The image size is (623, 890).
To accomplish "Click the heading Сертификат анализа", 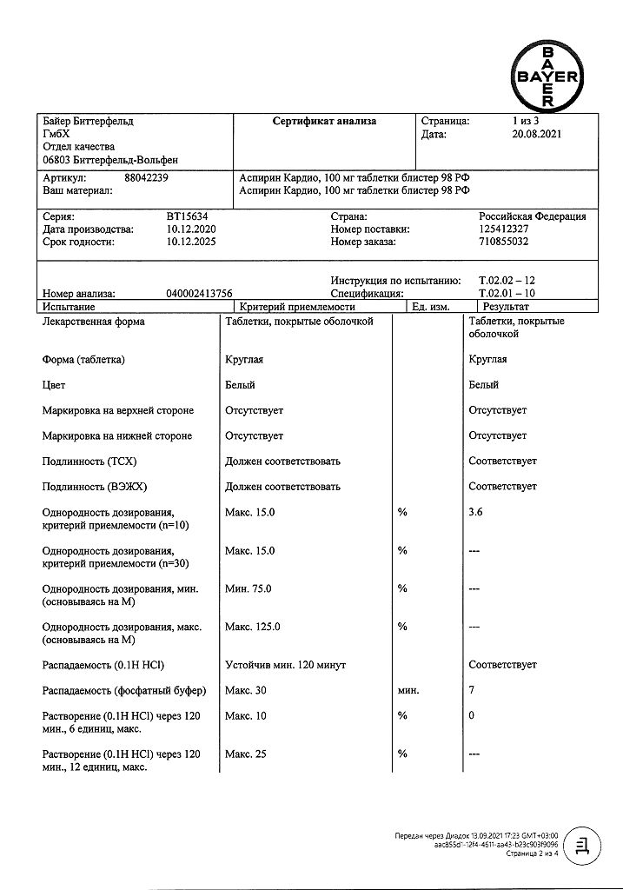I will pos(324,122).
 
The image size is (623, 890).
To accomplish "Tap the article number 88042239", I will pos(147,176).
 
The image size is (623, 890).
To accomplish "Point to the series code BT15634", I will pos(188,216).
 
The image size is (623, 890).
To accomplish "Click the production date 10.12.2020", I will pos(190,229).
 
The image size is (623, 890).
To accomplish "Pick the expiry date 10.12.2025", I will pos(190,242).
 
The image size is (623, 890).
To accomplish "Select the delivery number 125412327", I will pos(508,229).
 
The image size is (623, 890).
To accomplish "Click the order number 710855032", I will pos(508,242).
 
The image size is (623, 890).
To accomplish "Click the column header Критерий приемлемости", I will pos(297,307).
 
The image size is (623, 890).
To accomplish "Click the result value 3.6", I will pos(475,513).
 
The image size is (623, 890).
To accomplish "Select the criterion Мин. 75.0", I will pos(249,589).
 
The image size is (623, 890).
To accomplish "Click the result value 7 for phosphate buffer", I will pos(472,691).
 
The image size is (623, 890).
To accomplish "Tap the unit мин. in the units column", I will pos(408,691).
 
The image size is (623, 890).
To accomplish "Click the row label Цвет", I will pos(54,385).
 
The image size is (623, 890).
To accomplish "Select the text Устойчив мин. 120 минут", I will pos(285,665).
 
